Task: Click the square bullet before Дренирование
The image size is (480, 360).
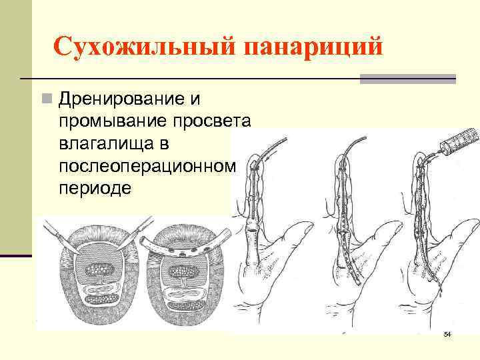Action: (x=45, y=100)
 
